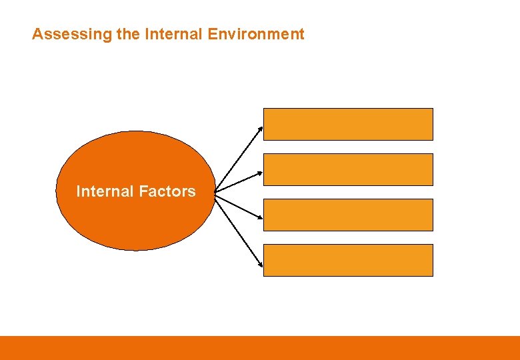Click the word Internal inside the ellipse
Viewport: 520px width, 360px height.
click(x=105, y=191)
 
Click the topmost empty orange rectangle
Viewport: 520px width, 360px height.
click(x=348, y=124)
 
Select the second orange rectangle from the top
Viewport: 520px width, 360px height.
click(x=348, y=169)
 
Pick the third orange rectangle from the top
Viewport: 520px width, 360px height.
click(x=348, y=215)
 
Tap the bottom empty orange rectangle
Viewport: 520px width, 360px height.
click(x=348, y=260)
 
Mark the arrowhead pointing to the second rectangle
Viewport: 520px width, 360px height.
click(x=260, y=173)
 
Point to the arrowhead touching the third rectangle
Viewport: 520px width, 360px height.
click(x=260, y=217)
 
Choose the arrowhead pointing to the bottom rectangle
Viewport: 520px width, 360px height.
click(x=261, y=266)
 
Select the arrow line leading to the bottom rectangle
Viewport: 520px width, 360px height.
click(x=239, y=231)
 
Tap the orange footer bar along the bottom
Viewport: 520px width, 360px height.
click(x=260, y=348)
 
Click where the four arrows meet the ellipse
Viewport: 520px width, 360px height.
click(x=215, y=192)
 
